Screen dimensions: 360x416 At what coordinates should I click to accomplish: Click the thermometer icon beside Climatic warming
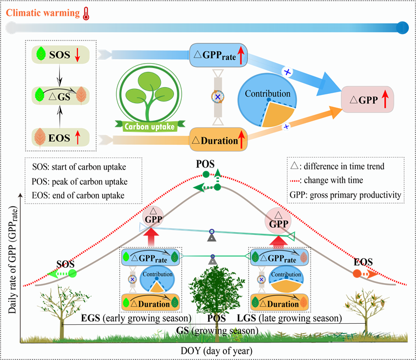click(x=86, y=14)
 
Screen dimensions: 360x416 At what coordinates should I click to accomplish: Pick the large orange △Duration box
click(x=217, y=139)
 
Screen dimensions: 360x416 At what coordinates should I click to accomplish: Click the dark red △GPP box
click(x=367, y=100)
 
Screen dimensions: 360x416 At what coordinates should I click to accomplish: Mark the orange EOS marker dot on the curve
click(x=357, y=273)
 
